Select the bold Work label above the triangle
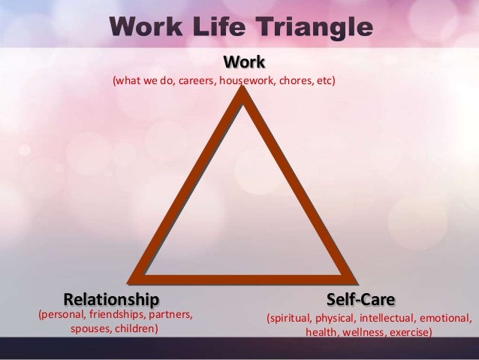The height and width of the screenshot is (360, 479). (241, 60)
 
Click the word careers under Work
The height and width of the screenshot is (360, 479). (196, 80)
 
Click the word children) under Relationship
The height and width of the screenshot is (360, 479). (135, 329)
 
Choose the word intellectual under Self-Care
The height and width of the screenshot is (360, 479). (384, 317)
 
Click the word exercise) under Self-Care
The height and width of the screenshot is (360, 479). (411, 332)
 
